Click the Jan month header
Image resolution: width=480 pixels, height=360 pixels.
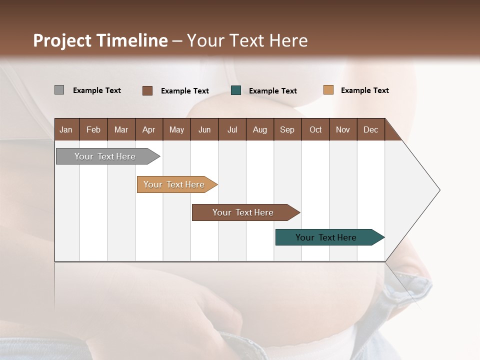[66, 129]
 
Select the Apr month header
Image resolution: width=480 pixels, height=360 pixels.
[148, 129]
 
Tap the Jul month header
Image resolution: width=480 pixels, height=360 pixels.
[232, 129]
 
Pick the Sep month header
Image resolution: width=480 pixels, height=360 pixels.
[287, 129]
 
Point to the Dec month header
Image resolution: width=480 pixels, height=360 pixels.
[370, 129]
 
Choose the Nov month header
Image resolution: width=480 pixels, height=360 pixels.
[342, 129]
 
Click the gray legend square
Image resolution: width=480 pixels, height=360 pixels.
[59, 90]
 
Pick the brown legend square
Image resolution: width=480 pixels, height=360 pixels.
[147, 90]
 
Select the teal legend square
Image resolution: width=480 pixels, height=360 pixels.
[236, 90]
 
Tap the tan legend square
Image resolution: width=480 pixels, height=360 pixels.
[328, 90]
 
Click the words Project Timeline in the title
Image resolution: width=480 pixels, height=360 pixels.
[100, 40]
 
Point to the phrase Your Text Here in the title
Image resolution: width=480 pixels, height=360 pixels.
[247, 40]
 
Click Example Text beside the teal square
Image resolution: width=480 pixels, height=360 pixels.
[272, 91]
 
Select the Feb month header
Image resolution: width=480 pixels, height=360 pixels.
[93, 129]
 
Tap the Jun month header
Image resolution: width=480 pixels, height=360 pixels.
[204, 129]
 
